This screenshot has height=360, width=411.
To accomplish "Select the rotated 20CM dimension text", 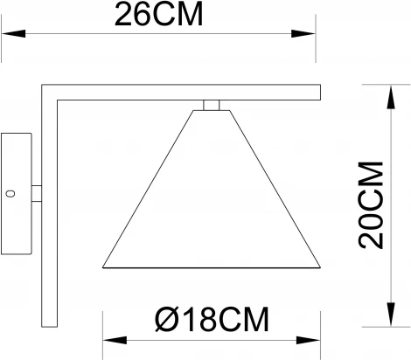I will pos(371,206).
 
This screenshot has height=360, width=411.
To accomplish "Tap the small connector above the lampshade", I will pos(209,106).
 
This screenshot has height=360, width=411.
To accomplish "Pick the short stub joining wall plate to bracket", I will pos(38,190).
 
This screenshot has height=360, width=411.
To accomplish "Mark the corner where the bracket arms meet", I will pos(50,90).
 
